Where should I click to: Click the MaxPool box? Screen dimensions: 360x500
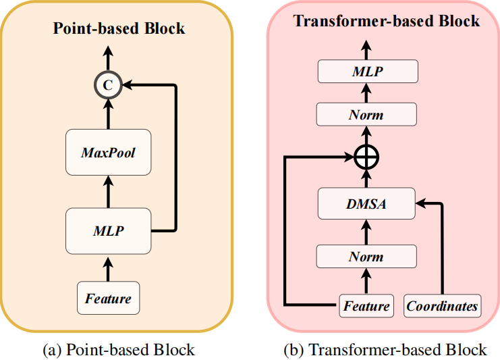[x=108, y=153]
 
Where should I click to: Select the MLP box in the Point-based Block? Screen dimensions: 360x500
[x=108, y=231]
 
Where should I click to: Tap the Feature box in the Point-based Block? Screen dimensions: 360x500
[x=108, y=298]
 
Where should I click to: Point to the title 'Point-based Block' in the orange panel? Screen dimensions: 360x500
[x=119, y=28]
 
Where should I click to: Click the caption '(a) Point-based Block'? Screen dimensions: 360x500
[x=119, y=349]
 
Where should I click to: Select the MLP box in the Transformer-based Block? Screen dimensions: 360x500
[x=366, y=71]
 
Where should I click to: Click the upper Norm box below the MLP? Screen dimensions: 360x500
[x=366, y=114]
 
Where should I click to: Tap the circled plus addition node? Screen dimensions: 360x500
[x=366, y=158]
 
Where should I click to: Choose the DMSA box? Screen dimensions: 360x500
[x=366, y=203]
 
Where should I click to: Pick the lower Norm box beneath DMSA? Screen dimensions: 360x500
[x=366, y=257]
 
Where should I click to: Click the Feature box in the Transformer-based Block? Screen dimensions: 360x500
[x=366, y=306]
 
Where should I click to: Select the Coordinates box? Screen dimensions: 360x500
[x=442, y=306]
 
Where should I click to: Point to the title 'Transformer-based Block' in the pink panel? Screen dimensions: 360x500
[x=387, y=20]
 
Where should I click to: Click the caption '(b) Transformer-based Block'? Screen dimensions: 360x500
[x=386, y=349]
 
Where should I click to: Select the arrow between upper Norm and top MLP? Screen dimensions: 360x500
[x=366, y=93]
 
